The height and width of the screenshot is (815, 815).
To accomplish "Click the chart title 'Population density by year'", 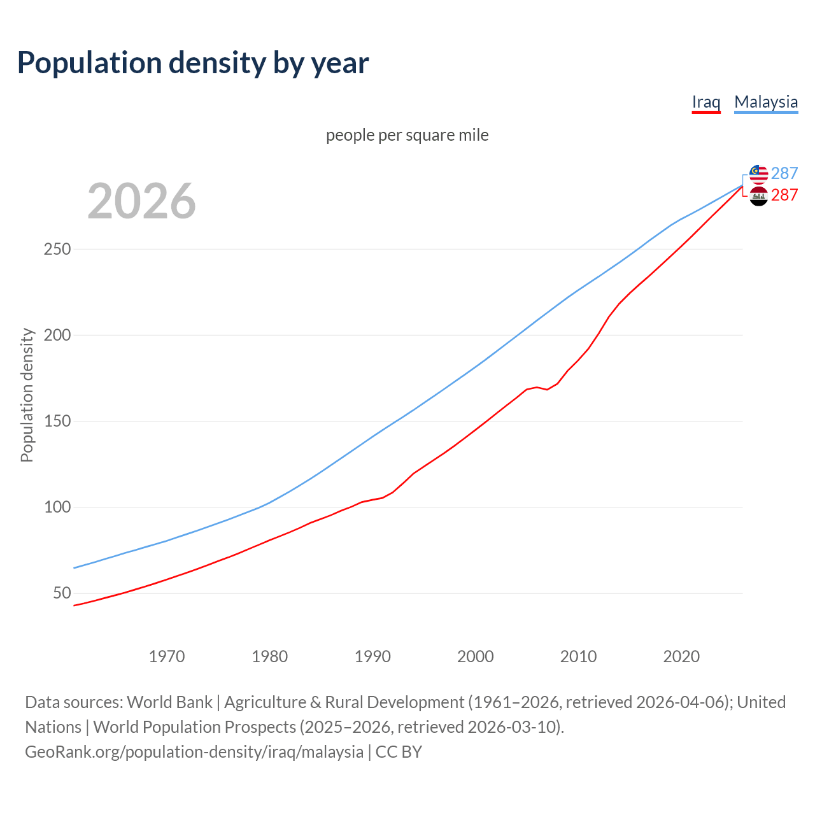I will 193,63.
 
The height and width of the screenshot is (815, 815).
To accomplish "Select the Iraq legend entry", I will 706,102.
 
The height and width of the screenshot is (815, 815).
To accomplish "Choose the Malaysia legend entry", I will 766,102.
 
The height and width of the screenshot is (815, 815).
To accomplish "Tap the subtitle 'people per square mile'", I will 407,135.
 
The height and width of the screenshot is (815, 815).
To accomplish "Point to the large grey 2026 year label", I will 141,201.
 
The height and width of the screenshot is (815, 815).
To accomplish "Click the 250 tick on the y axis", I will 57,249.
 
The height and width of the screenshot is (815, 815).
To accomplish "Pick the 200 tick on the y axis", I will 57,335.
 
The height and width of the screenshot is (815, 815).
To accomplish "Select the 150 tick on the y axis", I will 57,422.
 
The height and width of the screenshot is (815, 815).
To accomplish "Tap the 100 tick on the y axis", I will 57,507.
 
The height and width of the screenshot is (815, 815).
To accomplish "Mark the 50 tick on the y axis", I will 62,593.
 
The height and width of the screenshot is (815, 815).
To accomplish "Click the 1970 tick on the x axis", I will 167,656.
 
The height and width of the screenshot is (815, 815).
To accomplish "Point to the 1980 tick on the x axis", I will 270,656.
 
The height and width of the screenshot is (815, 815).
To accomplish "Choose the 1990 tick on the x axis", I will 372,656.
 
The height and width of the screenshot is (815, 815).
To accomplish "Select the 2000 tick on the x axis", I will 476,656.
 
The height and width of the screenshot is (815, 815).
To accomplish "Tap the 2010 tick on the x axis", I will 578,656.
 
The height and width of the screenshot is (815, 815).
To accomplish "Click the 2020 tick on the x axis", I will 681,656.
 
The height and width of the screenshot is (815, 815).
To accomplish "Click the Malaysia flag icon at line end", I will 758,174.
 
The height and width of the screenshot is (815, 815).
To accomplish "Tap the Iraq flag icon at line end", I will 758,196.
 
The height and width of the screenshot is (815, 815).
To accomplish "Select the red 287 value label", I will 784,195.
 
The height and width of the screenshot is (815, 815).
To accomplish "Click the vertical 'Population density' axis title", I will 27,395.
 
